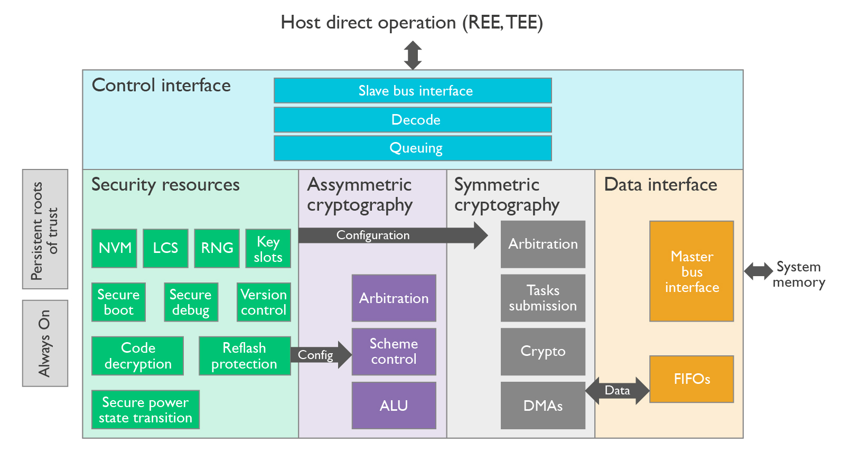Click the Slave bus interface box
(x=413, y=91)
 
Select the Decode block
(x=413, y=120)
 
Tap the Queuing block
(x=413, y=148)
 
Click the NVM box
(x=114, y=248)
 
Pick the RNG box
(x=217, y=248)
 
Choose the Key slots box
(x=268, y=249)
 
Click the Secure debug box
(x=191, y=303)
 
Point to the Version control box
(x=264, y=303)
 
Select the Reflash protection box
(x=245, y=356)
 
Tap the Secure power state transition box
(x=145, y=410)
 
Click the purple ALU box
(x=394, y=406)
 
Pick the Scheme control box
(x=394, y=352)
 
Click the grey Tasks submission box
(x=543, y=298)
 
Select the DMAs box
(x=543, y=406)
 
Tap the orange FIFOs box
(x=692, y=379)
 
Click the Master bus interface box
(x=692, y=271)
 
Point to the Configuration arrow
(x=391, y=235)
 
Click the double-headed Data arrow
(x=617, y=391)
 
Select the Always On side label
(x=45, y=343)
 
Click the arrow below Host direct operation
(x=413, y=55)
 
